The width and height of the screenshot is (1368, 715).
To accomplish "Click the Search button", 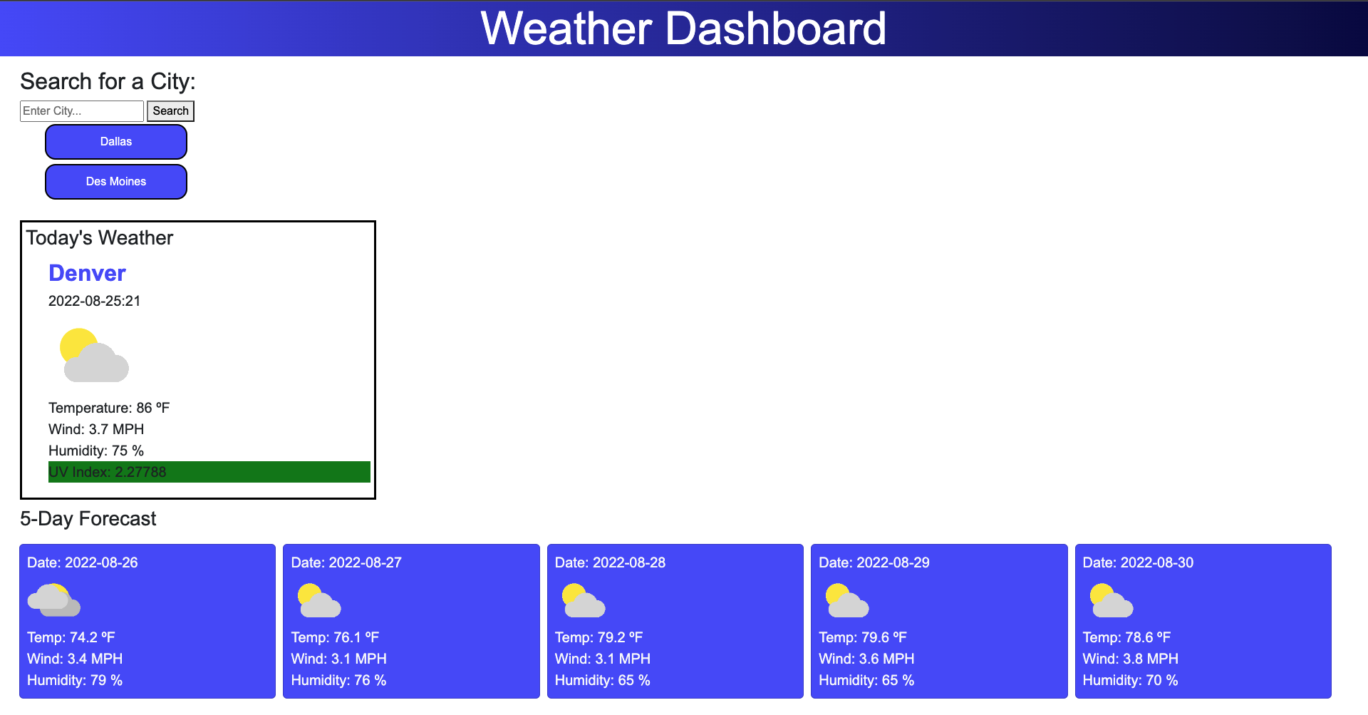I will (x=170, y=111).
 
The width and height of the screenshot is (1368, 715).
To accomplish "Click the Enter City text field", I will (x=81, y=111).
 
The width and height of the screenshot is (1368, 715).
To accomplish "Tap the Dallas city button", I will (x=116, y=142).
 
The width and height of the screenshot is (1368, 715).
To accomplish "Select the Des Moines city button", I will (x=116, y=182).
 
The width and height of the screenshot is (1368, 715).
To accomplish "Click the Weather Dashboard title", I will (x=683, y=29).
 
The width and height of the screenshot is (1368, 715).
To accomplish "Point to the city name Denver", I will (x=87, y=273).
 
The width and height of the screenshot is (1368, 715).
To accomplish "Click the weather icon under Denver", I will (x=94, y=355).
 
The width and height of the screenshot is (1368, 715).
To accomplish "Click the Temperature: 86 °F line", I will (x=109, y=408).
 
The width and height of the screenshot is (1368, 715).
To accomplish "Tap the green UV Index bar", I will (x=209, y=472).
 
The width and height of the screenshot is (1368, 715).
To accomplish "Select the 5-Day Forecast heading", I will (x=88, y=519).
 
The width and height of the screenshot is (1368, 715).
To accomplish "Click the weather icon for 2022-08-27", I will (x=318, y=600).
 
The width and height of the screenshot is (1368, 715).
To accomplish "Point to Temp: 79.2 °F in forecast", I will (x=598, y=637).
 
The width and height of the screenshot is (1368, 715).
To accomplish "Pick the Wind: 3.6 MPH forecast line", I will (x=866, y=659).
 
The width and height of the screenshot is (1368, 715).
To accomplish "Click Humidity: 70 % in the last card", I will (x=1130, y=680).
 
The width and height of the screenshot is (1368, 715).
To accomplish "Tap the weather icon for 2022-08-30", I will (x=1111, y=600).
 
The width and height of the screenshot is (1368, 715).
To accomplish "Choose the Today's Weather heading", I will (x=100, y=238).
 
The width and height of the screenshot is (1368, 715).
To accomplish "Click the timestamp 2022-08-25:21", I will (x=94, y=301).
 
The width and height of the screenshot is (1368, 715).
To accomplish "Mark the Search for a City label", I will (x=108, y=81).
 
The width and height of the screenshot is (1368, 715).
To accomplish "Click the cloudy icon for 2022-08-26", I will (x=54, y=600).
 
